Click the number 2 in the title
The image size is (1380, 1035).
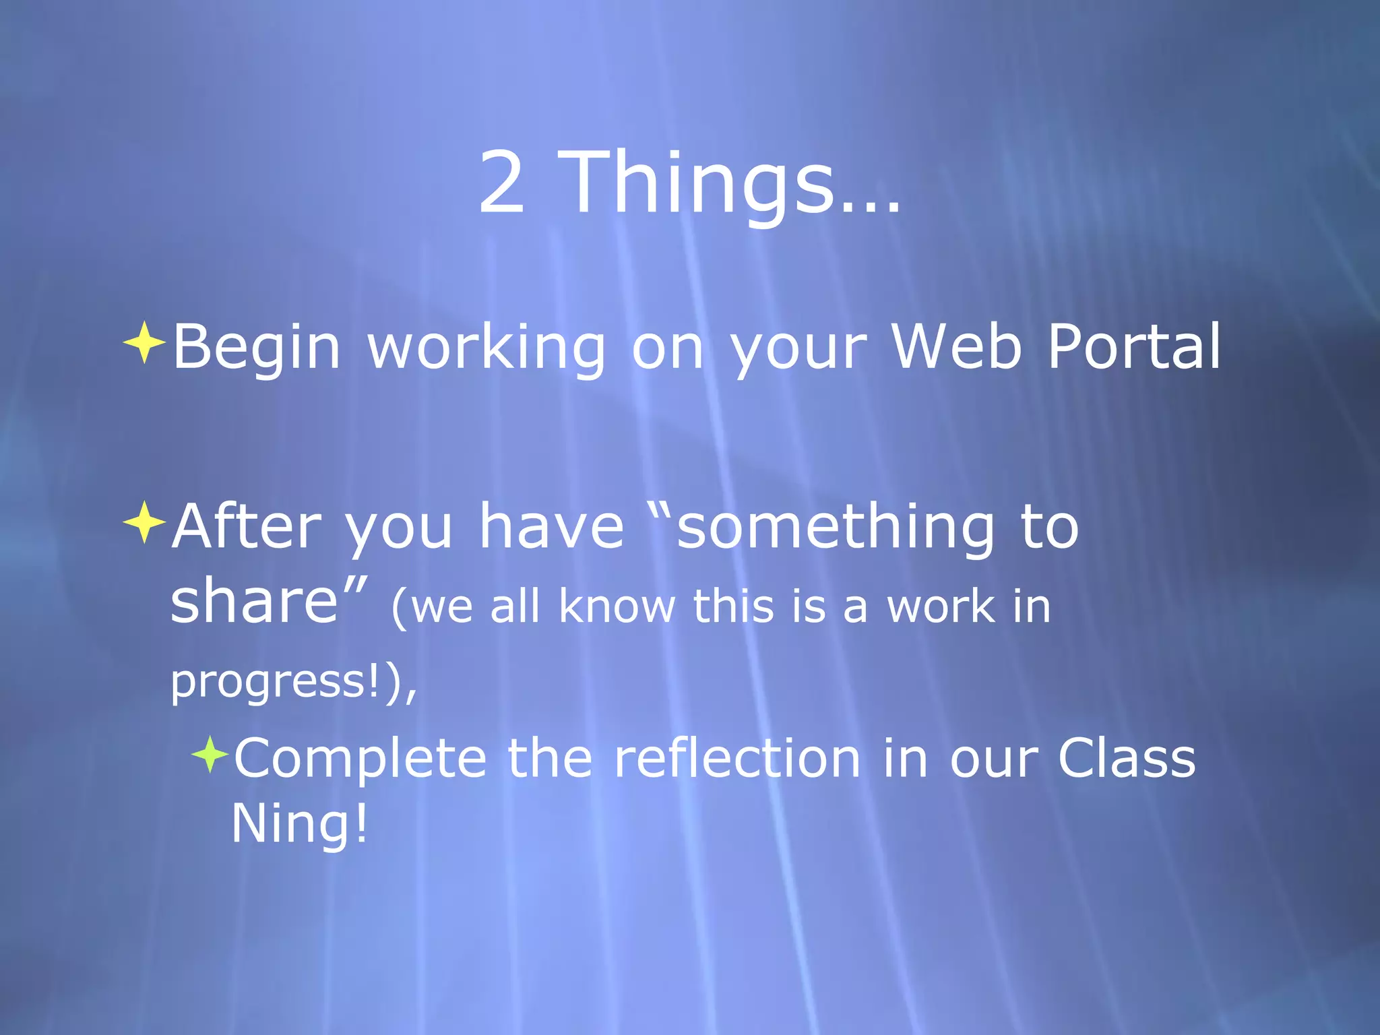point(502,183)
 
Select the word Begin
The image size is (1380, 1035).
point(257,348)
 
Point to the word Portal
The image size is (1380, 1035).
point(1134,346)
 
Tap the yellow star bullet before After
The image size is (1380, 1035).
point(144,522)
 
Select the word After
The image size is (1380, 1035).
point(247,526)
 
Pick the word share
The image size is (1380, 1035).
point(254,602)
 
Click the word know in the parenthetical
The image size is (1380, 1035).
point(617,606)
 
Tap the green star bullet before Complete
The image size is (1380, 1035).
point(210,755)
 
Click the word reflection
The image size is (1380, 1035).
point(737,759)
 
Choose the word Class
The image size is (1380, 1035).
point(1126,759)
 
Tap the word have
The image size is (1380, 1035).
point(551,528)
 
